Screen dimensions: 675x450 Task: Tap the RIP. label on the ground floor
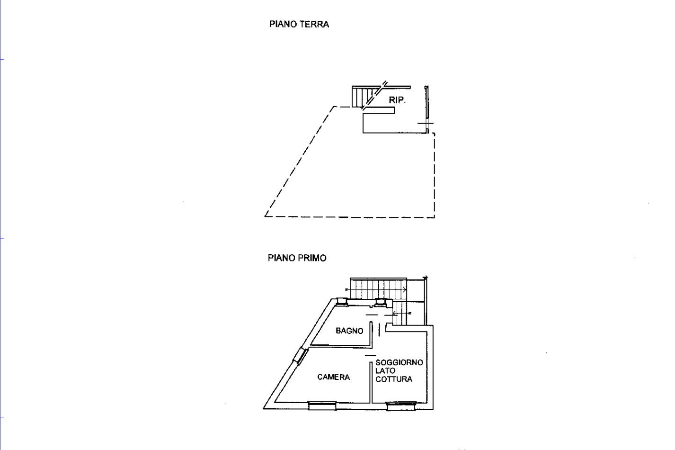pyautogui.click(x=397, y=100)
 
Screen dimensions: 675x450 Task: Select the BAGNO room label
pyautogui.click(x=349, y=331)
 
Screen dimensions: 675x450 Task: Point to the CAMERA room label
pyautogui.click(x=334, y=377)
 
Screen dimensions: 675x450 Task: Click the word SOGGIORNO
pyautogui.click(x=400, y=362)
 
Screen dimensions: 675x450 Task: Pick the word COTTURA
pyautogui.click(x=394, y=379)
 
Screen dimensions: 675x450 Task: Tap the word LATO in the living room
pyautogui.click(x=385, y=371)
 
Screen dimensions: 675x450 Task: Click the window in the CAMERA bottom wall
pyautogui.click(x=322, y=406)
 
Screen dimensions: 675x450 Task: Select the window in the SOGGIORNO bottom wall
pyautogui.click(x=401, y=406)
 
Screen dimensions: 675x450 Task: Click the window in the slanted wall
pyautogui.click(x=301, y=356)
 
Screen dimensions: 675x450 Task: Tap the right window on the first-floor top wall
pyautogui.click(x=380, y=302)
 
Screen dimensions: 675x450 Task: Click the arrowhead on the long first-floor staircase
pyautogui.click(x=405, y=289)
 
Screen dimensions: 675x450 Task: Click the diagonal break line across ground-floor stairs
pyautogui.click(x=374, y=96)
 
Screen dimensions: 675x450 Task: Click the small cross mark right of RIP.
pyautogui.click(x=426, y=123)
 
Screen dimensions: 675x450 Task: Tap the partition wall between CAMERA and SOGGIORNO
pyautogui.click(x=371, y=382)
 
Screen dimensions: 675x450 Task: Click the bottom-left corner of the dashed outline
pyautogui.click(x=265, y=216)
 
